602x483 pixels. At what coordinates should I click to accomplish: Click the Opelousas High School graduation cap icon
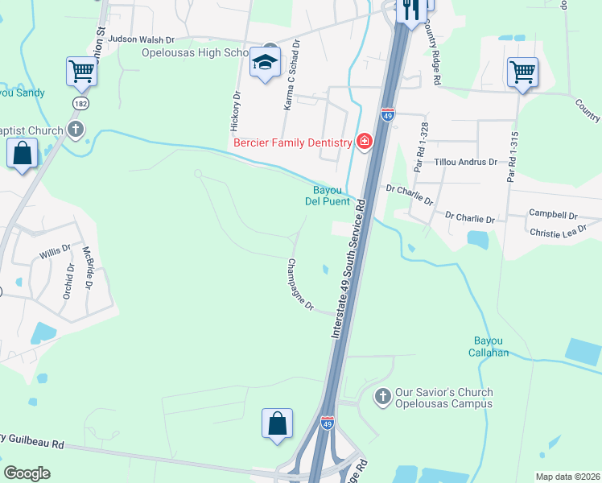click(264, 62)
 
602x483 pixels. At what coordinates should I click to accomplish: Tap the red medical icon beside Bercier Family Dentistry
click(364, 142)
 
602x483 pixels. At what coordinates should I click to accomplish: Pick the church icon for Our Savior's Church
click(382, 397)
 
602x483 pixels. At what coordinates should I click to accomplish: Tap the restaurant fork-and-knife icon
click(411, 10)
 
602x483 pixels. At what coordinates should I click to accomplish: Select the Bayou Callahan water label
click(490, 346)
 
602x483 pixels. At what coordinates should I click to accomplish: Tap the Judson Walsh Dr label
click(141, 39)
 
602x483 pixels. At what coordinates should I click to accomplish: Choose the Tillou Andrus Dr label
click(466, 162)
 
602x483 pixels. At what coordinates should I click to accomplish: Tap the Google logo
click(27, 473)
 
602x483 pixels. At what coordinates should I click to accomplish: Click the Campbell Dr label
click(553, 215)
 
